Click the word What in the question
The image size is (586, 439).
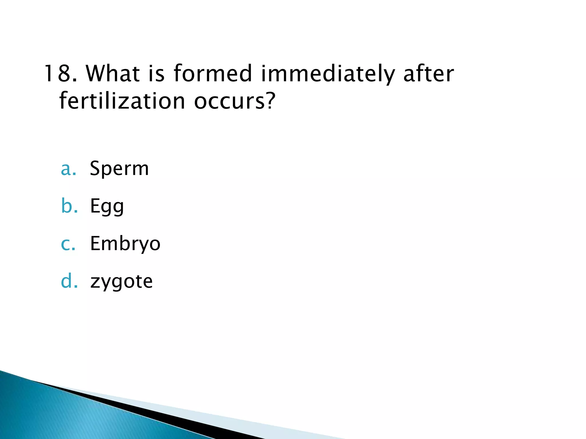(x=113, y=73)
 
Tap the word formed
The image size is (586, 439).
(x=213, y=73)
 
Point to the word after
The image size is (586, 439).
(x=428, y=73)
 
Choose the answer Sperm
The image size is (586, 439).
(x=119, y=169)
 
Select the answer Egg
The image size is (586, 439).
(x=107, y=206)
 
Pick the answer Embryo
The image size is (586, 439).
(x=125, y=244)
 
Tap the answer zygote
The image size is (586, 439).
(x=121, y=282)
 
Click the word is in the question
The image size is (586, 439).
(x=157, y=73)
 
